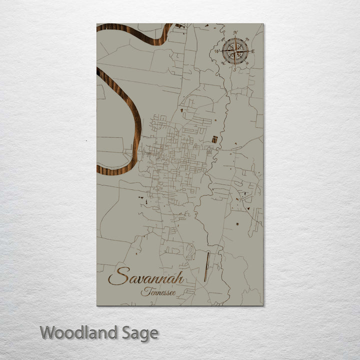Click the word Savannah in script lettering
pos(145,277)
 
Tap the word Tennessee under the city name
pos(157,292)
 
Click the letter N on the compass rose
pos(235,33)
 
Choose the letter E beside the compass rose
pos(253,51)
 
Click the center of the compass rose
pos(235,51)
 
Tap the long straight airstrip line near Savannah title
pos(206,266)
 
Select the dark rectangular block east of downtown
pos(214,139)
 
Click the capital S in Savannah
pos(118,276)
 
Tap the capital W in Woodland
pos(48,332)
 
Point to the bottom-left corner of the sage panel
pos(97,304)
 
